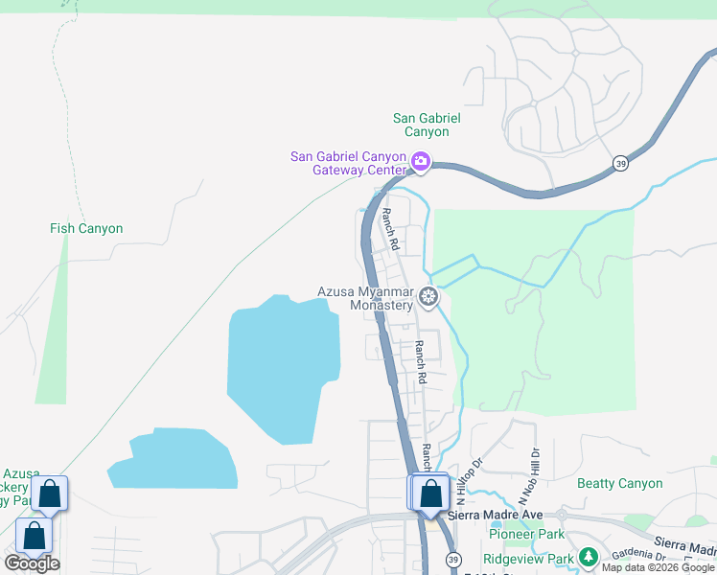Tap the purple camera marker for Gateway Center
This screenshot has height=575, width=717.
(x=420, y=160)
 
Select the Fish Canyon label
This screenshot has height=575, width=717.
(x=86, y=229)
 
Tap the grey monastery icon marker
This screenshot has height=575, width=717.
(x=428, y=296)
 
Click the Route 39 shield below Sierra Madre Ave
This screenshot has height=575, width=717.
(x=452, y=559)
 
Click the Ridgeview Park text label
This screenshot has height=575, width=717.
(x=528, y=558)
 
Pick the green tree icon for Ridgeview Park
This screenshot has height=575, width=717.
(x=588, y=557)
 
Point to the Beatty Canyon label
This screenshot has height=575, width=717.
(x=619, y=483)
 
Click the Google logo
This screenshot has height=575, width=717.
(x=32, y=563)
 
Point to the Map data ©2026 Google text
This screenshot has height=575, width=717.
(x=659, y=567)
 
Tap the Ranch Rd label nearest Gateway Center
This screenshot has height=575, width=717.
(x=388, y=230)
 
